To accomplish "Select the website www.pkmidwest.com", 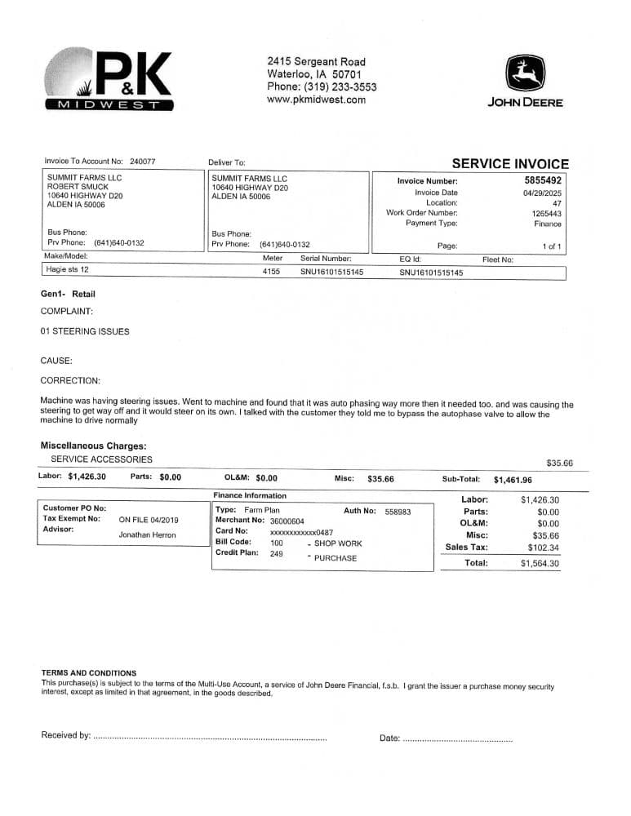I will [x=316, y=100].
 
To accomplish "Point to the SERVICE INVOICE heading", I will [x=510, y=164].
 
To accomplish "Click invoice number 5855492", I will [x=542, y=180].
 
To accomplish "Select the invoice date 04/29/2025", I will [x=542, y=193].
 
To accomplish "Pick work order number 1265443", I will [x=546, y=213].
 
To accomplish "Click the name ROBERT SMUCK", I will [x=78, y=187].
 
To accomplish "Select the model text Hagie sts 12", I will [x=68, y=269].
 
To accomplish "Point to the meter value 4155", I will [x=271, y=272].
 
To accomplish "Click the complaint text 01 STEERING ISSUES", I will [x=84, y=331].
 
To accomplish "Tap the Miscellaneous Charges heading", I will [x=93, y=446].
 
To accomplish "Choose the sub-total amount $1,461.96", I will [x=512, y=480].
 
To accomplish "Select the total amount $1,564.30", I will [x=540, y=563].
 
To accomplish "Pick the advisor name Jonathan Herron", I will [x=148, y=535].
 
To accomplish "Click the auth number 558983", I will [x=398, y=512].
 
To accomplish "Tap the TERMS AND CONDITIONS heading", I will [x=89, y=673].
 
